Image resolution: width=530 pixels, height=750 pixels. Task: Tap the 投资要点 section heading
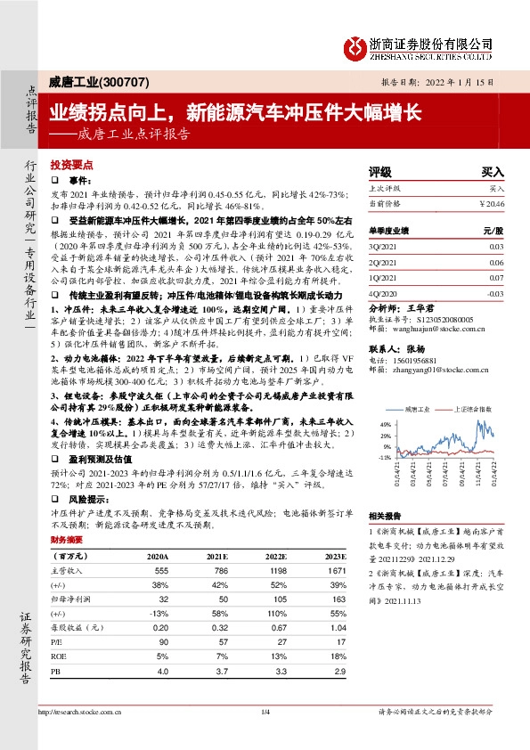[x=71, y=166]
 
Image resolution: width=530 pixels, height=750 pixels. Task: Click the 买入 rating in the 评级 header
[x=493, y=170]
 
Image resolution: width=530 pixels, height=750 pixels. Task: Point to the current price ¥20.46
[x=492, y=203]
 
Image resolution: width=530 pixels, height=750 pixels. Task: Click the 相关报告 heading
[x=385, y=515]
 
